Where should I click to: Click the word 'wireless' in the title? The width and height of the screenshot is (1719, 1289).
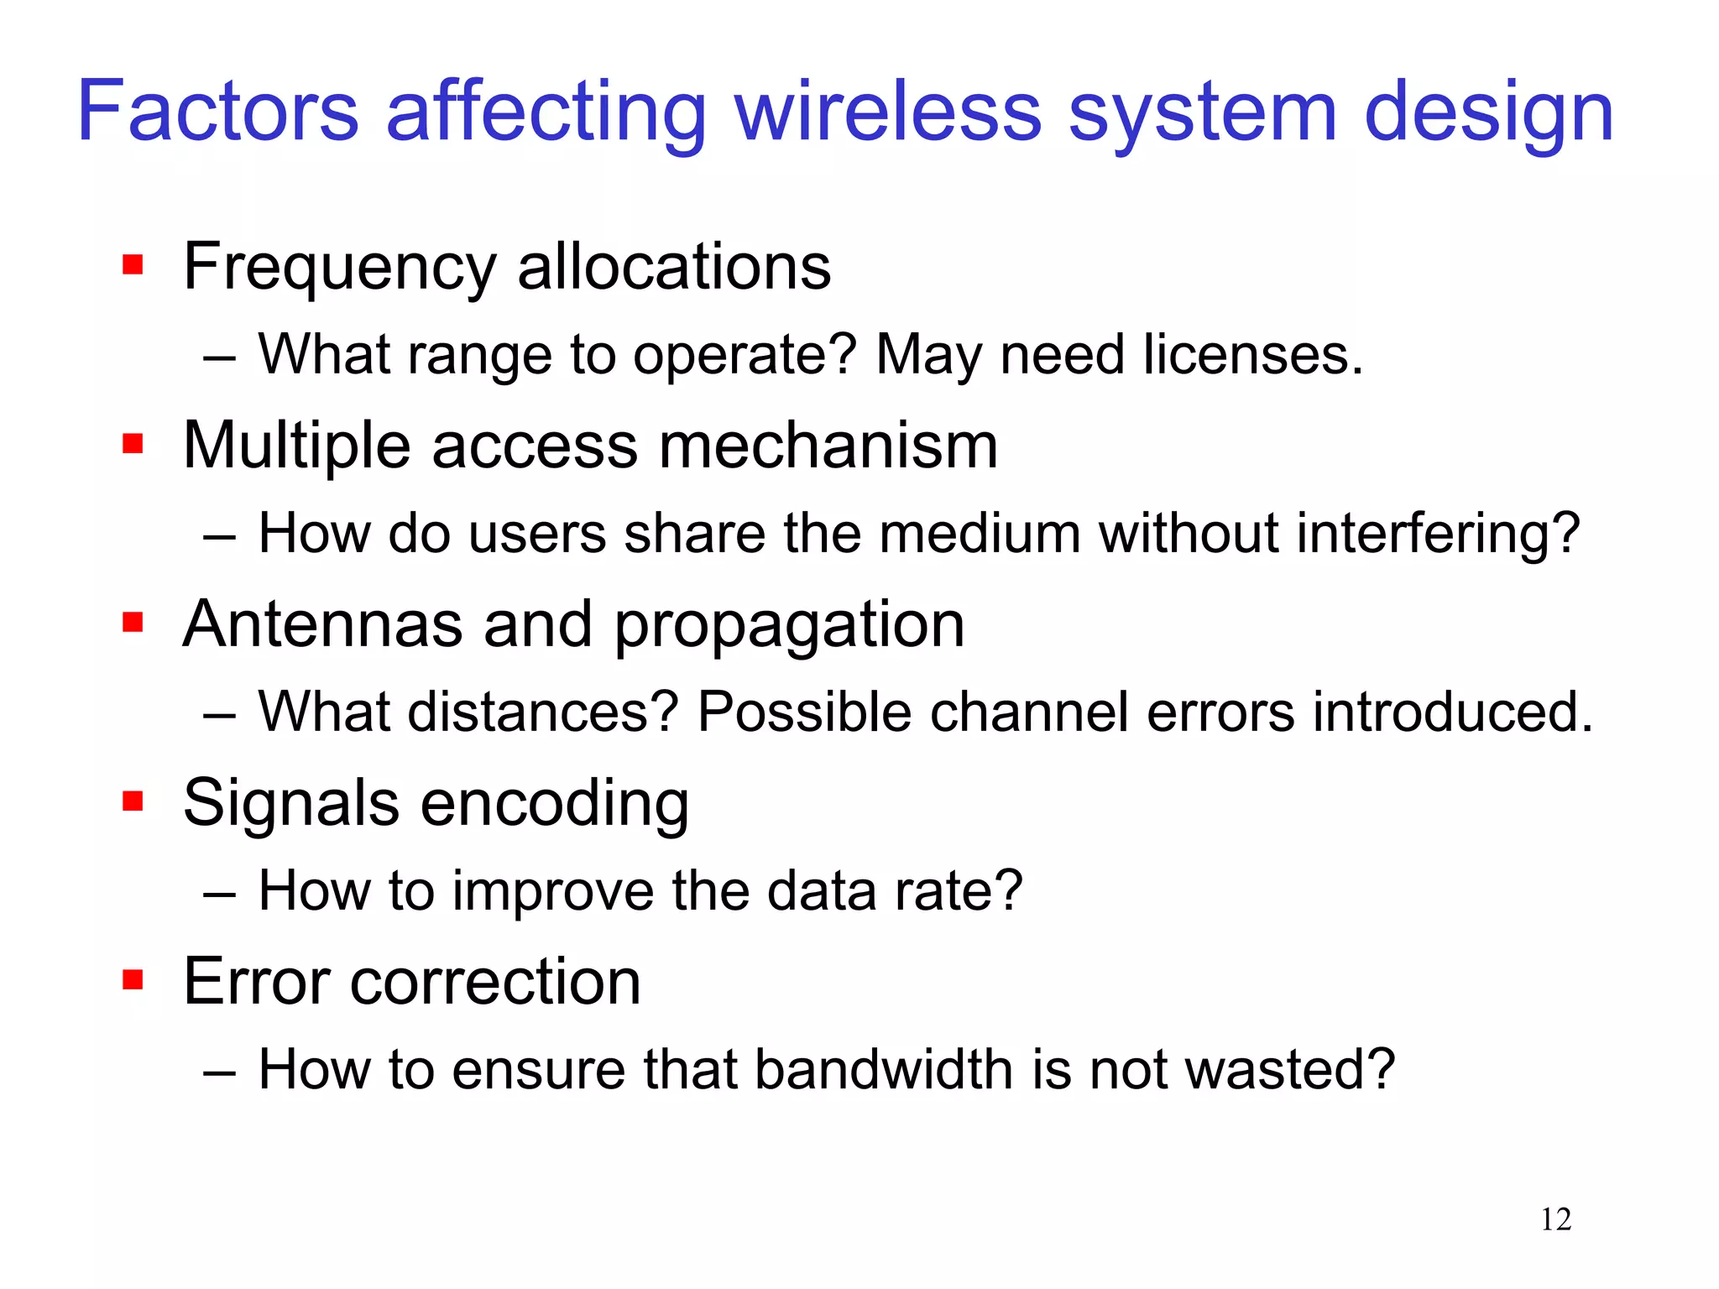(x=888, y=112)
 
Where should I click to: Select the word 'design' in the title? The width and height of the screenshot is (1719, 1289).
(x=1489, y=113)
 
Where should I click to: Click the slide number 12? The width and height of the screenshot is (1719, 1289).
(x=1555, y=1219)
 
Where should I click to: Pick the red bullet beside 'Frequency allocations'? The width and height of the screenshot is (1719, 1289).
(x=133, y=265)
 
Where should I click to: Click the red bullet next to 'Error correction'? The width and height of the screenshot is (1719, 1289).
(x=133, y=979)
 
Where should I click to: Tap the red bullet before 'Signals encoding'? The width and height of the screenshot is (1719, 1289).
(x=133, y=801)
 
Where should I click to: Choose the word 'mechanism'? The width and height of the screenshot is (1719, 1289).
(x=828, y=445)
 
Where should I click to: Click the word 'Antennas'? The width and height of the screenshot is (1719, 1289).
(x=323, y=624)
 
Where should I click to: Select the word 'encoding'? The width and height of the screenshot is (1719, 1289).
(x=554, y=804)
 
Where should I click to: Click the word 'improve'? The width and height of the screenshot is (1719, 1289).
(x=553, y=891)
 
